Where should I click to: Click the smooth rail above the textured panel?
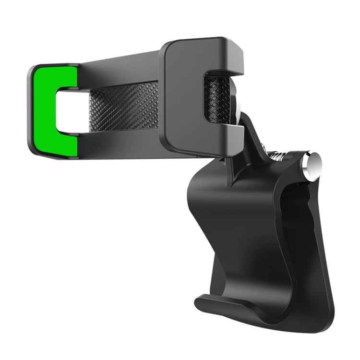120,72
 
